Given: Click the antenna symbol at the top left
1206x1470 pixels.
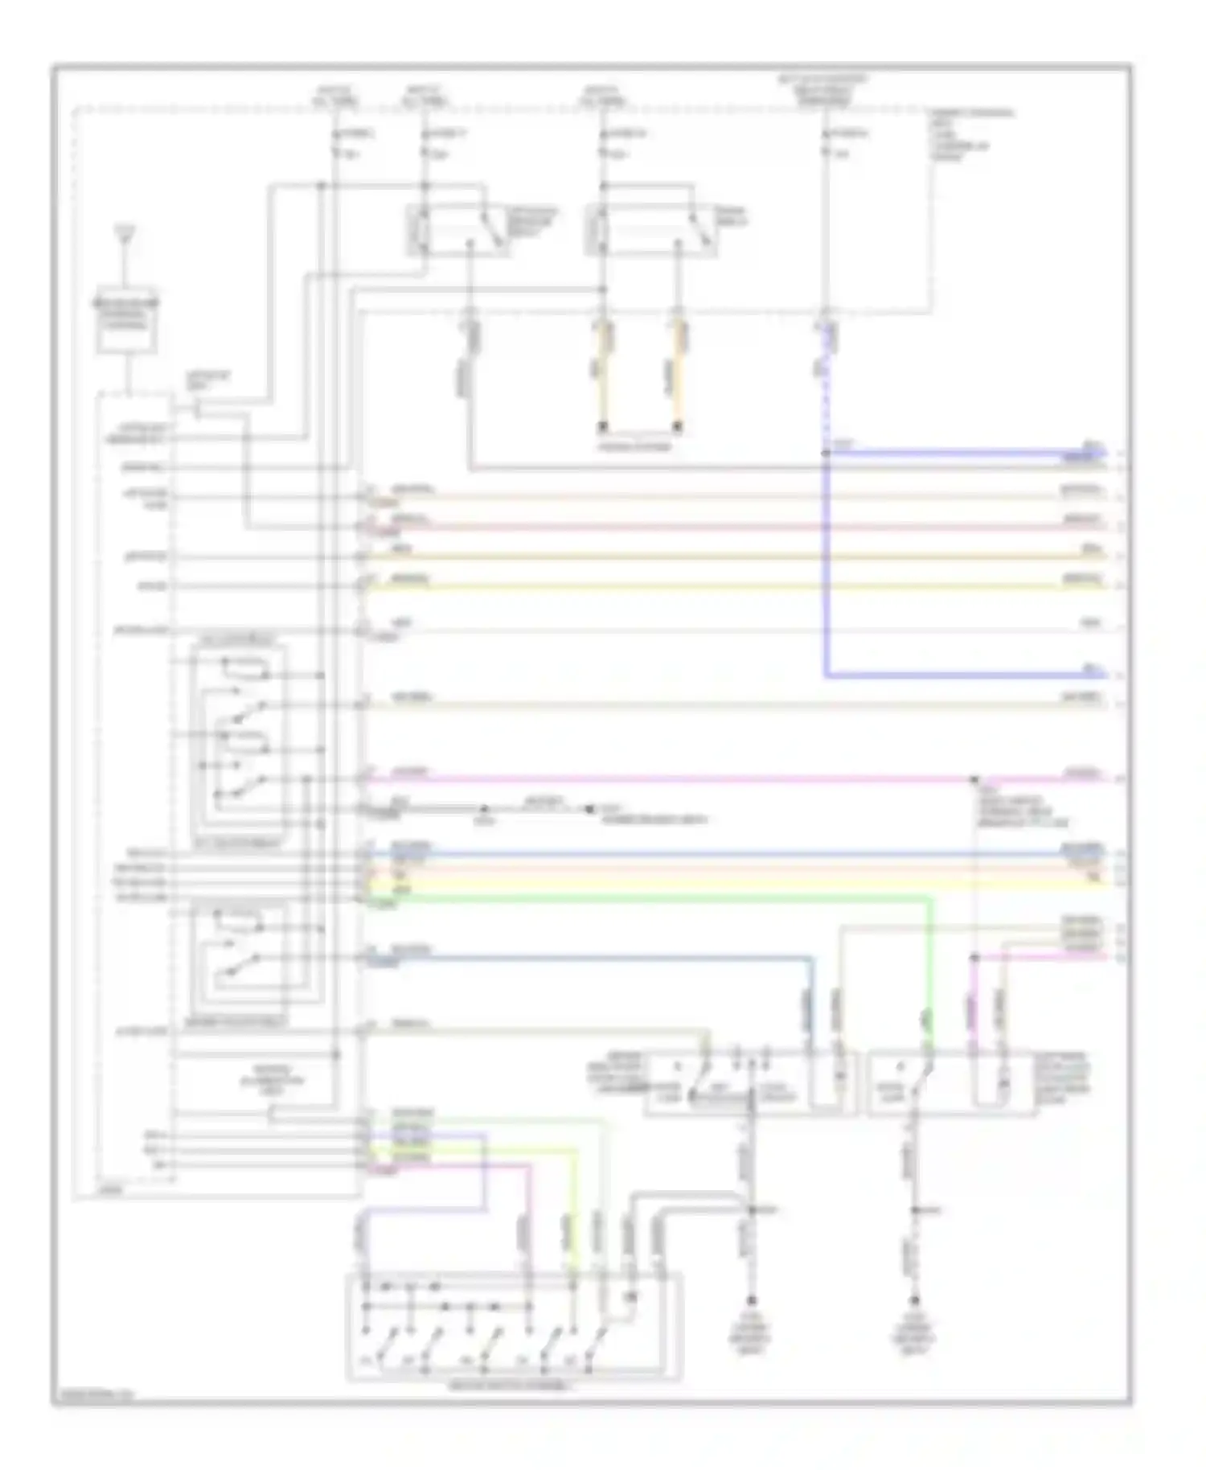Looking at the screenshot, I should click(125, 236).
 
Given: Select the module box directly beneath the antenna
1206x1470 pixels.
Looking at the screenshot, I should click(126, 320).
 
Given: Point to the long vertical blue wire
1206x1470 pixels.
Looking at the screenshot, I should click(826, 563).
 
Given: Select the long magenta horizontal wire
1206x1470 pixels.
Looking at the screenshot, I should click(643, 778).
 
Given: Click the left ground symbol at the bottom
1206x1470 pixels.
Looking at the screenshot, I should click(752, 1300).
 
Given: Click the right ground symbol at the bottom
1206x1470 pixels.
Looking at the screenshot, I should click(914, 1300).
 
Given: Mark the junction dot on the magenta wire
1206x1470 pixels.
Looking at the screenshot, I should click(974, 779).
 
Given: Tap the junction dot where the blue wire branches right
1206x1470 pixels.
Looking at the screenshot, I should click(826, 453).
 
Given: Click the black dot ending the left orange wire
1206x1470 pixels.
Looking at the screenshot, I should click(603, 426).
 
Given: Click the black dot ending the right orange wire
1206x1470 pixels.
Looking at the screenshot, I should click(678, 426).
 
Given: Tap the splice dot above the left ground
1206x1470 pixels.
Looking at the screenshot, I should click(752, 1210).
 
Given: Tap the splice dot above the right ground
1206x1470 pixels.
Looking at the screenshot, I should click(914, 1210).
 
